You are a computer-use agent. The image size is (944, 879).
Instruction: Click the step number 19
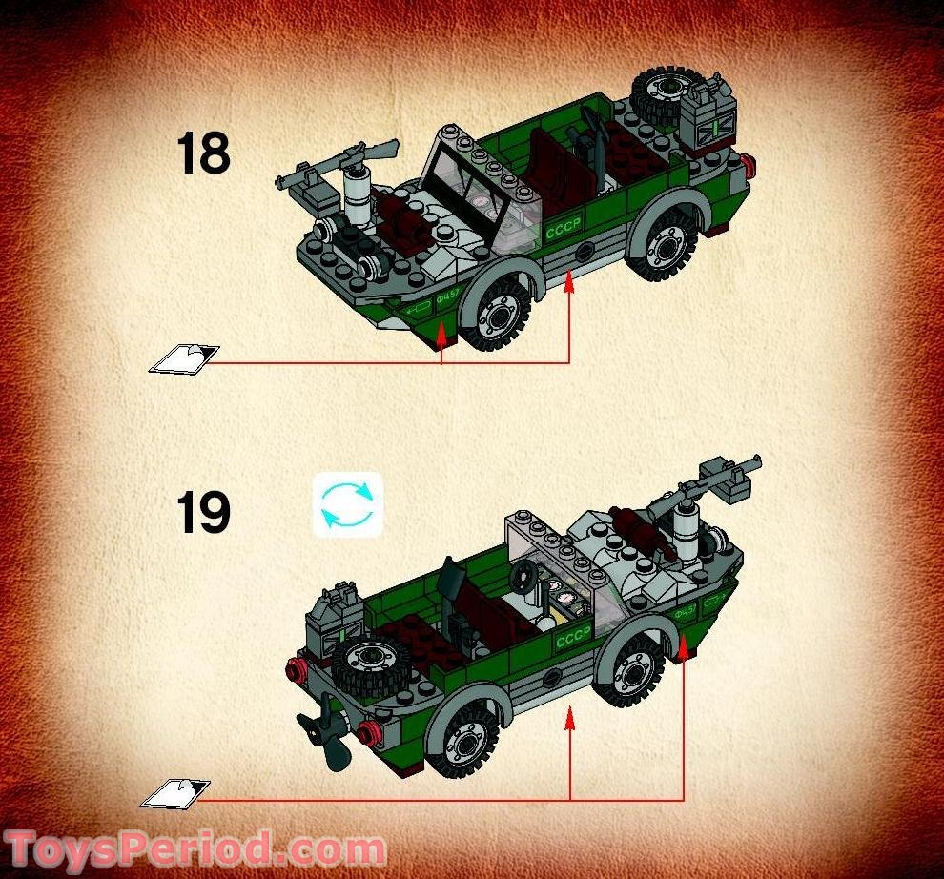[203, 514]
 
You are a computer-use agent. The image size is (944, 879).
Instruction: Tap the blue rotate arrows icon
[347, 504]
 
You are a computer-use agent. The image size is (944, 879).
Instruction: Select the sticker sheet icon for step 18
[184, 358]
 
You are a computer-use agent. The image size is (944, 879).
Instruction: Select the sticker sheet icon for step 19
[175, 792]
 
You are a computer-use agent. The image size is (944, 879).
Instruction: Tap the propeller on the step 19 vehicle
[325, 739]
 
